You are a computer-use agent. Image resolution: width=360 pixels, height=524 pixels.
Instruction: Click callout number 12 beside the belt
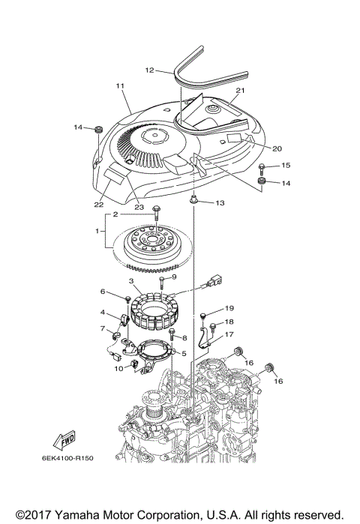149,70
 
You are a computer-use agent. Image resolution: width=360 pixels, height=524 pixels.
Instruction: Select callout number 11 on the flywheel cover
120,87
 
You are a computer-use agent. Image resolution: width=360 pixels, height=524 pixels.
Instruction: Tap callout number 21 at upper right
240,91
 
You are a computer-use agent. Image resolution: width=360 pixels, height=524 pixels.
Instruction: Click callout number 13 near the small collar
219,203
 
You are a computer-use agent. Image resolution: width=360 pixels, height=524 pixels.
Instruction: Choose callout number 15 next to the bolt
286,164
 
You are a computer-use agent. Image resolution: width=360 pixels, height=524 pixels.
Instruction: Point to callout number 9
173,277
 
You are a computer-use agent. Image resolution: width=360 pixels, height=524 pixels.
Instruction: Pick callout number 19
229,308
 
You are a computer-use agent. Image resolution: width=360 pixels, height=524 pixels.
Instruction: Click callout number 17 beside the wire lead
229,335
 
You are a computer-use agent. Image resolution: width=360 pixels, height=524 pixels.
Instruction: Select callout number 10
118,367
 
